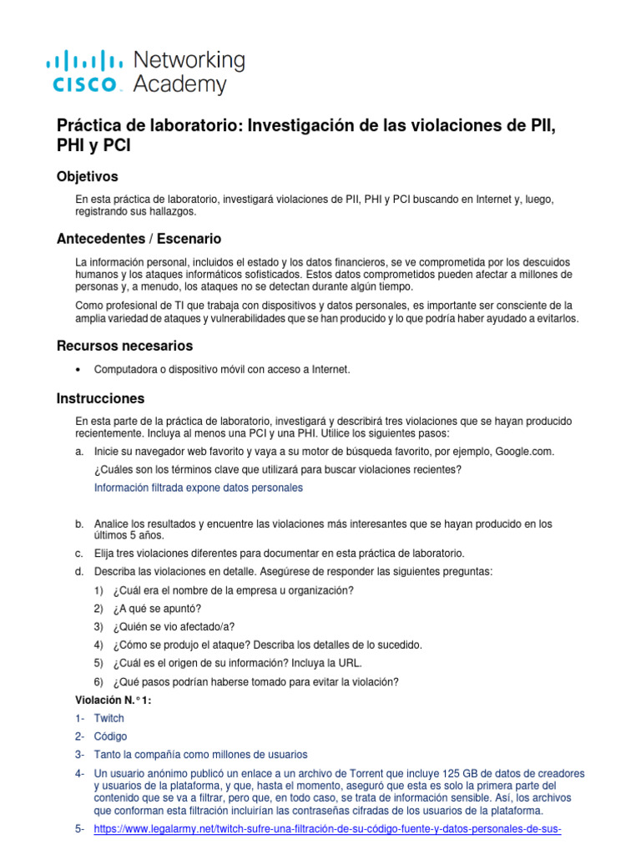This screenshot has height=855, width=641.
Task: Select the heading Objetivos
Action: pos(87,176)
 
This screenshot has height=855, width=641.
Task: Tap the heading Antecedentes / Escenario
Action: pos(139,238)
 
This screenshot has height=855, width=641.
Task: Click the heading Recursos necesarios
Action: pos(124,345)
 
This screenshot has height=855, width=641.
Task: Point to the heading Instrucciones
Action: pos(100,398)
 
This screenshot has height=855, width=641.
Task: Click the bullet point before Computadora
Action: pos(78,369)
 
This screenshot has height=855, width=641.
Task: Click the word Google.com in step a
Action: pos(524,452)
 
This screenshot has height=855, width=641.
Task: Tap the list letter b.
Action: pos(78,524)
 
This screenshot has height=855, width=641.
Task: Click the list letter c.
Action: pos(78,554)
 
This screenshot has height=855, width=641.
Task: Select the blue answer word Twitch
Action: pos(109,718)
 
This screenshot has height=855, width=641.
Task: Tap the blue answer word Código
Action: pos(110,736)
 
